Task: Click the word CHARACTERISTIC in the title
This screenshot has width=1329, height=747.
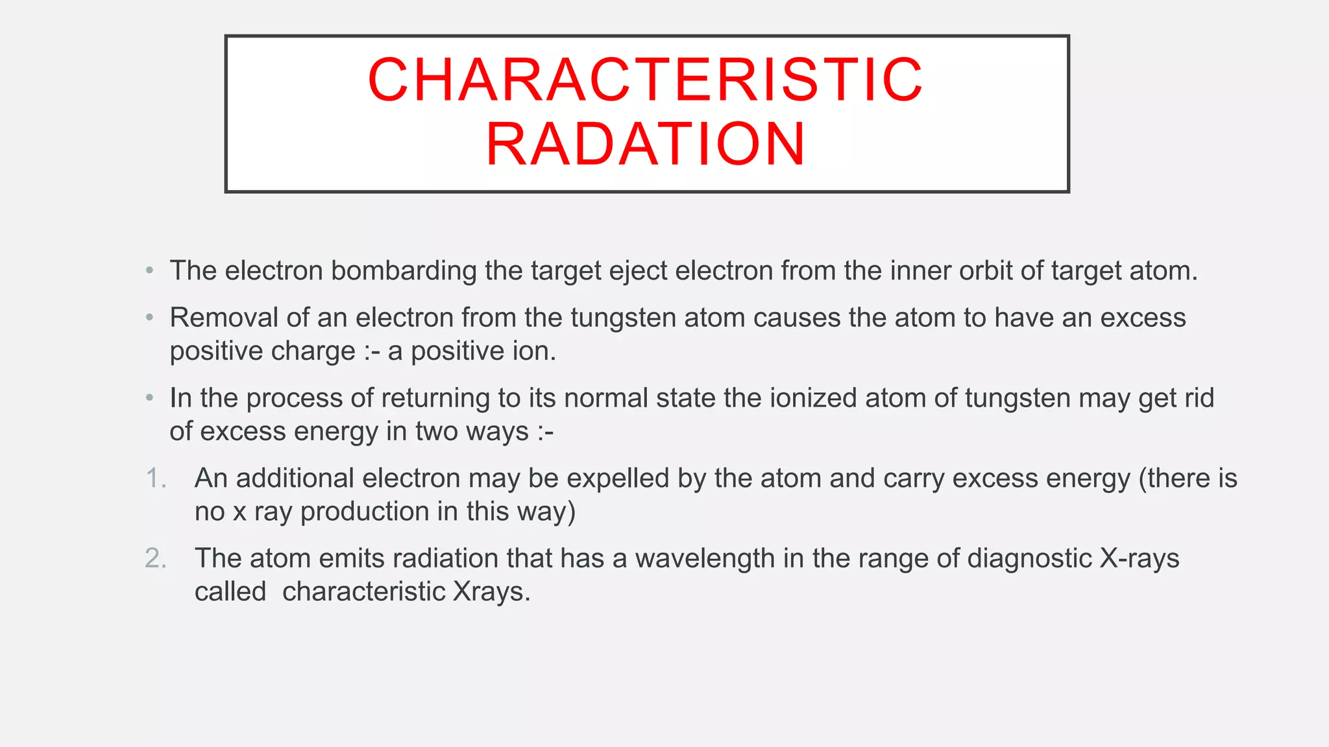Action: click(645, 80)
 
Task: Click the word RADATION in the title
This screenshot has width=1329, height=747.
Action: click(645, 144)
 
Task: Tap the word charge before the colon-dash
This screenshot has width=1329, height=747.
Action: click(313, 351)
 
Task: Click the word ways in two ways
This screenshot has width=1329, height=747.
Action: click(500, 432)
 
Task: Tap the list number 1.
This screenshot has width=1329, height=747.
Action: click(154, 479)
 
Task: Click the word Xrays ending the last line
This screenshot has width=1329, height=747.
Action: click(491, 592)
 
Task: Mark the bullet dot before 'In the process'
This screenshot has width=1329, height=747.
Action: click(150, 397)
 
